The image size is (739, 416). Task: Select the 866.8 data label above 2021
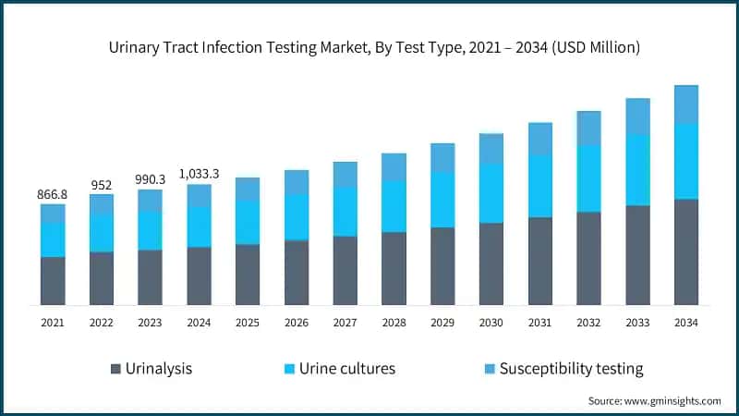[53, 194]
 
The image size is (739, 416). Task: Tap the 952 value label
[102, 184]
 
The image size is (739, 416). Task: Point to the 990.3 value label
[151, 179]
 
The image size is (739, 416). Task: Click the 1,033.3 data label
[199, 174]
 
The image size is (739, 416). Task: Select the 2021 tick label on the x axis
[53, 323]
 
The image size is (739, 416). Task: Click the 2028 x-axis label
[394, 323]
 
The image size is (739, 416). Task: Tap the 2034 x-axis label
[686, 323]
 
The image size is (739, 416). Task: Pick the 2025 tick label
[248, 323]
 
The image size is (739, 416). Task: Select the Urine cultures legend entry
[340, 369]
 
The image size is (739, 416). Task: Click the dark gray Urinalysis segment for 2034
[686, 251]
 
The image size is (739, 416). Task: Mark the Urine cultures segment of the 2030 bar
[491, 193]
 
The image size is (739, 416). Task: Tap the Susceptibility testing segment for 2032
[588, 128]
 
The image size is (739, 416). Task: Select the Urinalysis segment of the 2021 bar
[53, 281]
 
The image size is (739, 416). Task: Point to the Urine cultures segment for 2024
[199, 226]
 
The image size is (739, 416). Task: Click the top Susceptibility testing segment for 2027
[345, 174]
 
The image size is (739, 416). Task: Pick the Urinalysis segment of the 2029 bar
[442, 266]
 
